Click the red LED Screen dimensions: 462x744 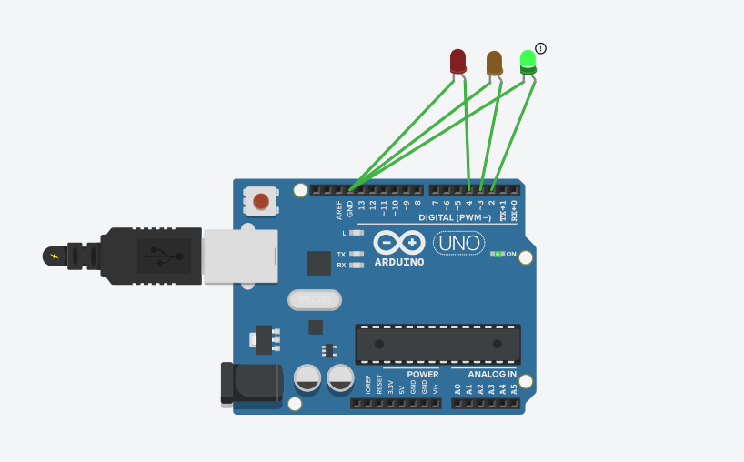point(458,61)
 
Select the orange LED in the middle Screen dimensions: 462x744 point(494,63)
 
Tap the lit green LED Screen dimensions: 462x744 point(528,61)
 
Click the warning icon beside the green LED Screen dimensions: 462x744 point(541,48)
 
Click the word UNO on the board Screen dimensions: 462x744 point(459,243)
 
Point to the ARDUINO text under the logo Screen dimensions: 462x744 point(399,262)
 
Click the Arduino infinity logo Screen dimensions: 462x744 point(399,242)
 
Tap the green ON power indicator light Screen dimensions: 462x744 point(497,254)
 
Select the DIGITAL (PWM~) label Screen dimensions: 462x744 point(455,218)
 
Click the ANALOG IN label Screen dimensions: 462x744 point(492,374)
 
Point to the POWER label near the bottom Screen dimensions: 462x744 point(422,374)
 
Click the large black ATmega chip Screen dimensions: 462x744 point(437,344)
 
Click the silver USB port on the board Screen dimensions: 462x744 point(239,256)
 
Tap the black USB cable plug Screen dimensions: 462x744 point(150,256)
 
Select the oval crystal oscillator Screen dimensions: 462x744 point(315,299)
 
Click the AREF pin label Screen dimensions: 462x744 point(339,210)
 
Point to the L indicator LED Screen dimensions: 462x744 point(356,233)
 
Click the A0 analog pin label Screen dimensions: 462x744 point(457,388)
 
